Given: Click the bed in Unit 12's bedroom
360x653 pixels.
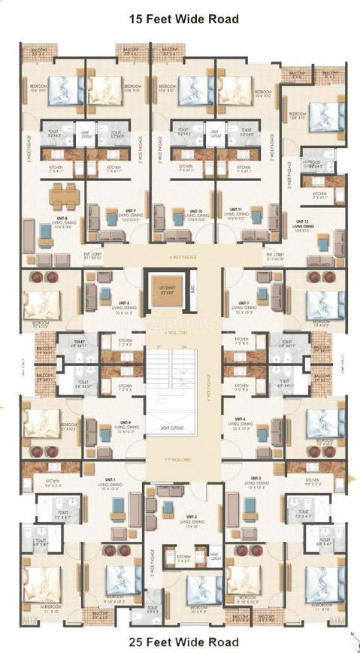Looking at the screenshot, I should pos(326,116).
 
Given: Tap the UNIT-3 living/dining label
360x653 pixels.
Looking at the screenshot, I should pos(256,479).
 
